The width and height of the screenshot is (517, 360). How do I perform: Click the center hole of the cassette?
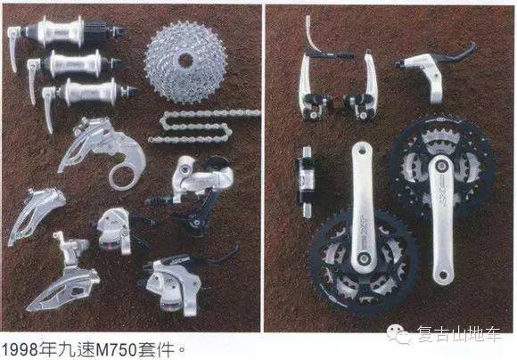tap(185, 61)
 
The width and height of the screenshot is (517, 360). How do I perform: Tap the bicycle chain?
tap(198, 127)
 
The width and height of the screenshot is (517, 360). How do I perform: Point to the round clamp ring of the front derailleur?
tap(123, 177)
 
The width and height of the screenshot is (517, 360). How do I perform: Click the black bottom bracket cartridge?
tap(306, 181)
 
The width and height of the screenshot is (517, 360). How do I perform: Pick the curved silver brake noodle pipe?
tap(310, 35)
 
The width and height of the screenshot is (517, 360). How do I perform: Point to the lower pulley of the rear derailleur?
tap(196, 223)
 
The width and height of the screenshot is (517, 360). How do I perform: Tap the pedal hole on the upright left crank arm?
tap(362, 151)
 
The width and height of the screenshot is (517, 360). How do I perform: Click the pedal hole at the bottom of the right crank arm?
tap(443, 274)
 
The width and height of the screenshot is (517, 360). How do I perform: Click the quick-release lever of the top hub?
tap(13, 48)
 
